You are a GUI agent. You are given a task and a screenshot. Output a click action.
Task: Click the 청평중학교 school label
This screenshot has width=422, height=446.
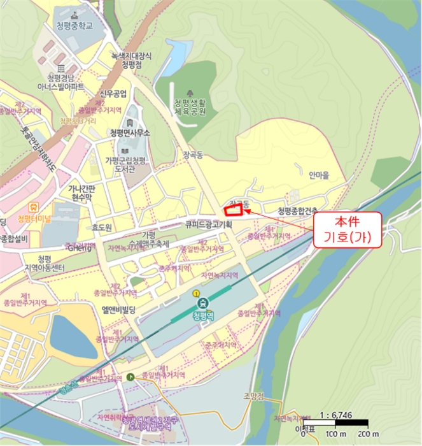tap(74, 25)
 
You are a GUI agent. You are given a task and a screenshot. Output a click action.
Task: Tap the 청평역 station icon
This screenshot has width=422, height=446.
tap(202, 303)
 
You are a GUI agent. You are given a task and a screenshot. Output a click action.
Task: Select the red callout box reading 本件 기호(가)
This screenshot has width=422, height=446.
tap(348, 229)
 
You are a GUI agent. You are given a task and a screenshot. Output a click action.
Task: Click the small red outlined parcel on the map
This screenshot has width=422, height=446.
tap(234, 209)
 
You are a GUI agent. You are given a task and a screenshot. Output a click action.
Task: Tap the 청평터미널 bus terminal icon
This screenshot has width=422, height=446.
tap(32, 206)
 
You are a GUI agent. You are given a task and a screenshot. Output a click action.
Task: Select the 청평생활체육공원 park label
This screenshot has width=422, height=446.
tap(190, 108)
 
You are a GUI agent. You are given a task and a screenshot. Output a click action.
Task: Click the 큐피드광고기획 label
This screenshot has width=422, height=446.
tap(209, 225)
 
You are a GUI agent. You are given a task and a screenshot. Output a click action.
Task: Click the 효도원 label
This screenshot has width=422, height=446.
tap(101, 227)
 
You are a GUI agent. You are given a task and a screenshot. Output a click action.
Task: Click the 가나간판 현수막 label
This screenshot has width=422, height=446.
tap(80, 194)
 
